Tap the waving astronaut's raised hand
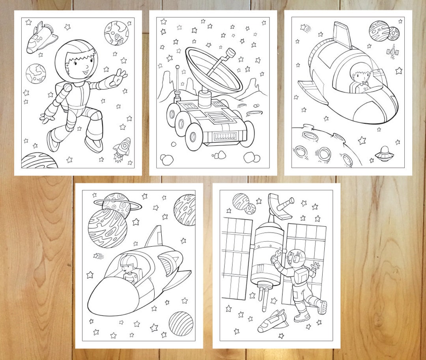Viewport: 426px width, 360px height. tap(119, 77)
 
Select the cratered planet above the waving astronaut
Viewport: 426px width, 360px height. tap(116, 33)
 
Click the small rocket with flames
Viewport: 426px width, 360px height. tap(123, 149)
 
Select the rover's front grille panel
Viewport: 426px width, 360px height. tap(226, 137)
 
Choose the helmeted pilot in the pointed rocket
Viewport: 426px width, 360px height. tap(128, 268)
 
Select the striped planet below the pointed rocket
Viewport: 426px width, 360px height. tap(181, 323)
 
